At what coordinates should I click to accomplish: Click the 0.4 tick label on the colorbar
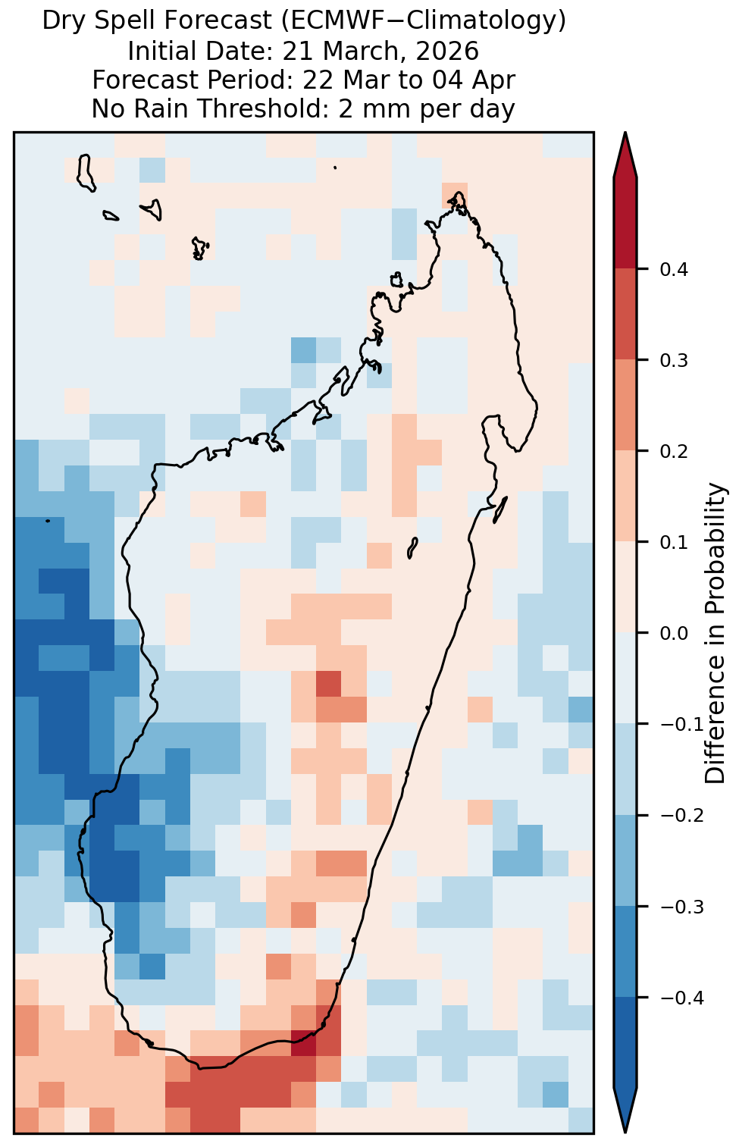674,269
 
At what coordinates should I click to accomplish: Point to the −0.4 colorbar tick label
681,998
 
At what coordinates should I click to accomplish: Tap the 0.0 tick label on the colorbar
674,634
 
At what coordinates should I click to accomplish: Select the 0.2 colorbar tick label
674,452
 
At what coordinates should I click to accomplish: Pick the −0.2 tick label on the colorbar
681,816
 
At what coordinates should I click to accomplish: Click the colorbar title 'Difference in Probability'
715,633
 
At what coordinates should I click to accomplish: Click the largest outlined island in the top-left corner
86,173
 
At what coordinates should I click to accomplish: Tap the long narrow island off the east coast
499,509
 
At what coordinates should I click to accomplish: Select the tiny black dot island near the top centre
335,167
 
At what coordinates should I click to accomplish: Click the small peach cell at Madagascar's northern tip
455,195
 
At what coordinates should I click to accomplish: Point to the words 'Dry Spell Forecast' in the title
157,21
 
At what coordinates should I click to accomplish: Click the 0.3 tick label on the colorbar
674,361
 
